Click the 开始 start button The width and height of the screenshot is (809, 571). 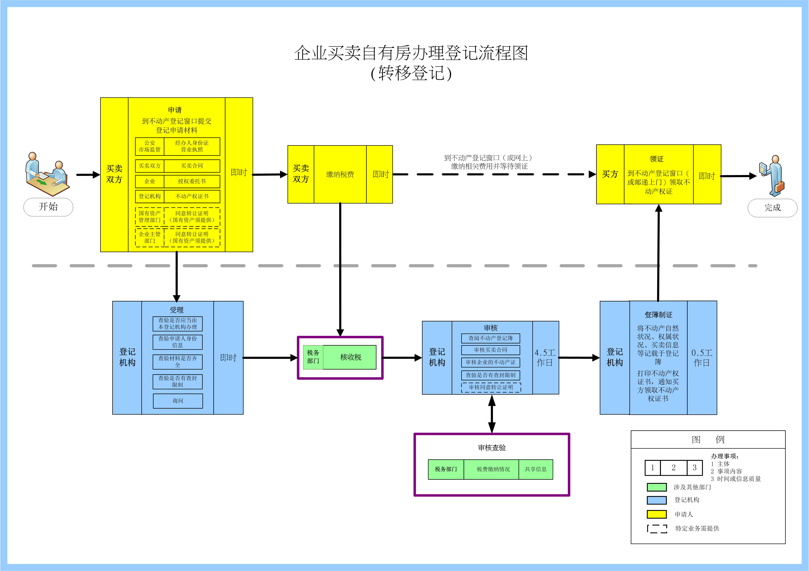pos(48,207)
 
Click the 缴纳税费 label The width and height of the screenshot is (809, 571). pos(340,174)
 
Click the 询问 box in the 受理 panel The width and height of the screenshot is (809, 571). pos(178,401)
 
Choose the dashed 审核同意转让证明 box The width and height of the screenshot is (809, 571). pos(491,387)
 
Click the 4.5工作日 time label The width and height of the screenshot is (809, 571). pos(545,358)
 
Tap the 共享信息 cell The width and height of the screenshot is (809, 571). pos(536,469)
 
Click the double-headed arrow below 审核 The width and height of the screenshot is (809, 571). pos(492,414)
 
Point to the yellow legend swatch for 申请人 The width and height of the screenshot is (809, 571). pos(656,514)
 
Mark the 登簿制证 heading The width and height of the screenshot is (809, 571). pos(658,315)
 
